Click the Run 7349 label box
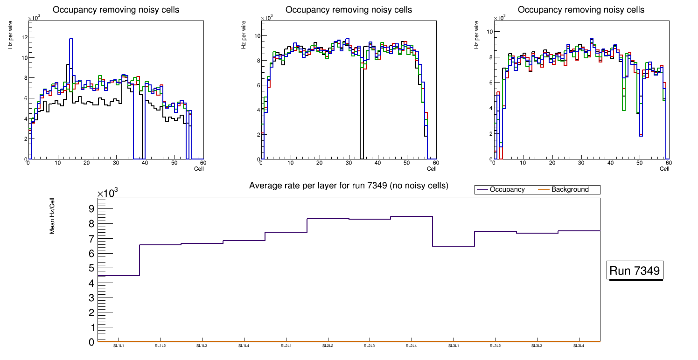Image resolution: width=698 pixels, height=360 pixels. pos(635,271)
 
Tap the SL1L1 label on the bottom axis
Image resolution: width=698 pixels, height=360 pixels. pos(119,346)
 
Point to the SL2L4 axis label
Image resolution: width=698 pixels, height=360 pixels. pos(412,346)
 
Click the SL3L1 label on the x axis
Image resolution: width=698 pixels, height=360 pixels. pos(454,346)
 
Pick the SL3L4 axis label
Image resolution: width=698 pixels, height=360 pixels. pos(579,346)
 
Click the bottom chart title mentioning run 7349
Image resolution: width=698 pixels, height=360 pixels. pos(349,186)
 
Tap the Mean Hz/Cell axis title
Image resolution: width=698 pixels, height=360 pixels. pos(53,215)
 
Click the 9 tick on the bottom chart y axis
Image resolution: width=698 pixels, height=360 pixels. pos(91,208)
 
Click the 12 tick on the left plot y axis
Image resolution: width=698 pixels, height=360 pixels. pos(24,37)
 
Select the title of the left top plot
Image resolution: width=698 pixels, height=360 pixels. pos(116,10)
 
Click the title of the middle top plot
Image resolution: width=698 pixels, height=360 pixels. pos(349,10)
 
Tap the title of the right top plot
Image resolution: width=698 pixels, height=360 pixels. pos(581,10)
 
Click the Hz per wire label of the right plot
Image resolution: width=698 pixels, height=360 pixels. pos(476,37)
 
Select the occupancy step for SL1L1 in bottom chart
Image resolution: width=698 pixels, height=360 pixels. pos(119,276)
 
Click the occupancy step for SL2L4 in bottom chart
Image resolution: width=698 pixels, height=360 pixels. pos(412,216)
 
